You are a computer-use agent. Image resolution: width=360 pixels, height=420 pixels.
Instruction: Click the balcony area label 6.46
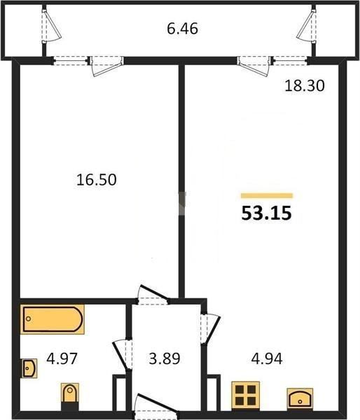tap(182, 29)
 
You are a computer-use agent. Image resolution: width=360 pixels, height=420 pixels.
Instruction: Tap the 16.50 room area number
tap(97, 180)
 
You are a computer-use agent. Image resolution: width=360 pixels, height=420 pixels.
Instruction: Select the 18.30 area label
tap(305, 86)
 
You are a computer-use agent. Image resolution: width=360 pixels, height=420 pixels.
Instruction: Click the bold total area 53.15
tap(266, 213)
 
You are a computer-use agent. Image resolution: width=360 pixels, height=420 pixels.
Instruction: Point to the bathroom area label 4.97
tap(62, 358)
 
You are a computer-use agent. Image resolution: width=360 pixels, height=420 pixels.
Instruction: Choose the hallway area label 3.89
tap(165, 358)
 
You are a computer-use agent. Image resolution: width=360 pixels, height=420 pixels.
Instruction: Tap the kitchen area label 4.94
tap(267, 358)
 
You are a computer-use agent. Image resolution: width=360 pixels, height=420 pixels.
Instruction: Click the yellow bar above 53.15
tap(267, 195)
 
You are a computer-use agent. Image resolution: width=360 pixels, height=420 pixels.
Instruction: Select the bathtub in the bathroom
tap(53, 319)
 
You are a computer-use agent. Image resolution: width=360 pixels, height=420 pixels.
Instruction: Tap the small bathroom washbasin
tap(29, 368)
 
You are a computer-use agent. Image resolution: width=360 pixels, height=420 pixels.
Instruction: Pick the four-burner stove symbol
tap(246, 395)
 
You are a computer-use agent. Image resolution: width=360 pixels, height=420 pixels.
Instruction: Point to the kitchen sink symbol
tap(300, 398)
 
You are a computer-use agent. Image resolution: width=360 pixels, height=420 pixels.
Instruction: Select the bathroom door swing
tap(123, 355)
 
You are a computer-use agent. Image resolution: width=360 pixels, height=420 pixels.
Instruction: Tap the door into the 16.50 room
tap(153, 294)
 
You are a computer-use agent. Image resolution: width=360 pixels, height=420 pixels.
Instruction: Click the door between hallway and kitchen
tap(210, 329)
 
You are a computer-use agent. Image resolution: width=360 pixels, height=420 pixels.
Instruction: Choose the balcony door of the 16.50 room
tap(106, 66)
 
